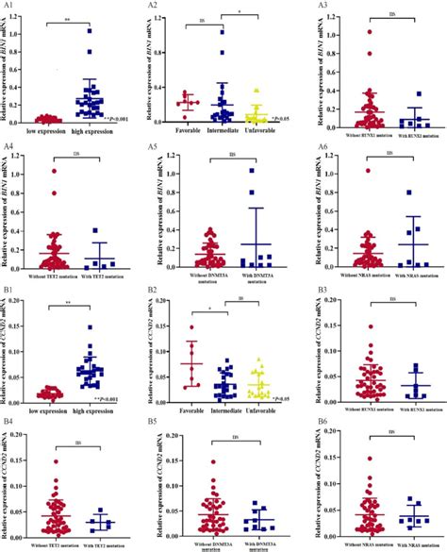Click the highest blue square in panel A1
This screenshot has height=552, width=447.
click(91, 31)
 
